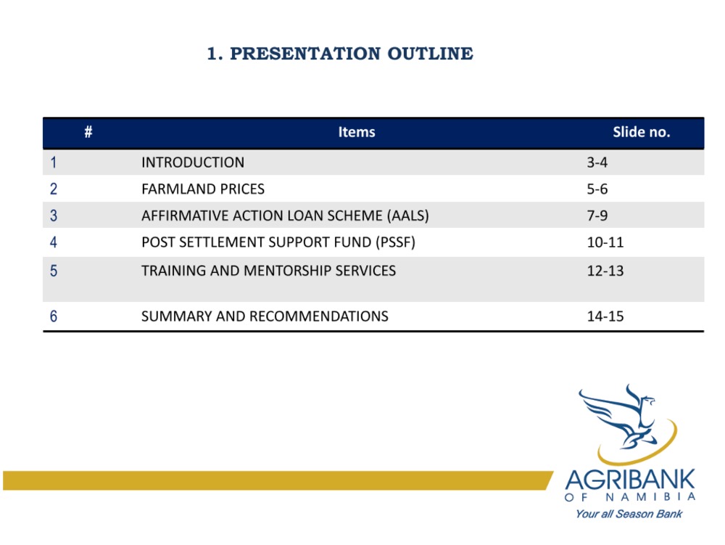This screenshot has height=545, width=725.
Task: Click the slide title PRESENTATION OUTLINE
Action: click(x=352, y=54)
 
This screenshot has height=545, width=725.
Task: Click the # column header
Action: click(x=88, y=132)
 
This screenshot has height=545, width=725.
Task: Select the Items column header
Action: click(x=357, y=132)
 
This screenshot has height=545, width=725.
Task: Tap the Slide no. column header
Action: click(x=642, y=132)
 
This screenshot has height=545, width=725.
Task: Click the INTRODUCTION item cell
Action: click(x=193, y=163)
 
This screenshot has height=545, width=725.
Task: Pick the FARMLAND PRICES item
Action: click(x=203, y=189)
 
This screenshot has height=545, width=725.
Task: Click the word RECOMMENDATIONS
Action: click(x=318, y=316)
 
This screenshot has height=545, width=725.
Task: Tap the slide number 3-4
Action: click(x=597, y=163)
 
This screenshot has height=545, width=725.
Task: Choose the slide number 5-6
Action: click(x=597, y=189)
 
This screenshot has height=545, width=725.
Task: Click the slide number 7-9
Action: click(x=597, y=216)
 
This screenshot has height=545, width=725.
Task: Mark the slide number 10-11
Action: click(x=605, y=242)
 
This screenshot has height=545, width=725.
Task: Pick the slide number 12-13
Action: click(x=605, y=271)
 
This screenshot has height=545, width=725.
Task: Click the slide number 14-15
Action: click(x=605, y=316)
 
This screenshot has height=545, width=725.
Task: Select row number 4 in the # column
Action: click(x=54, y=242)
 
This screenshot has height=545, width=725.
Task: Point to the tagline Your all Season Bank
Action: click(x=629, y=514)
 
